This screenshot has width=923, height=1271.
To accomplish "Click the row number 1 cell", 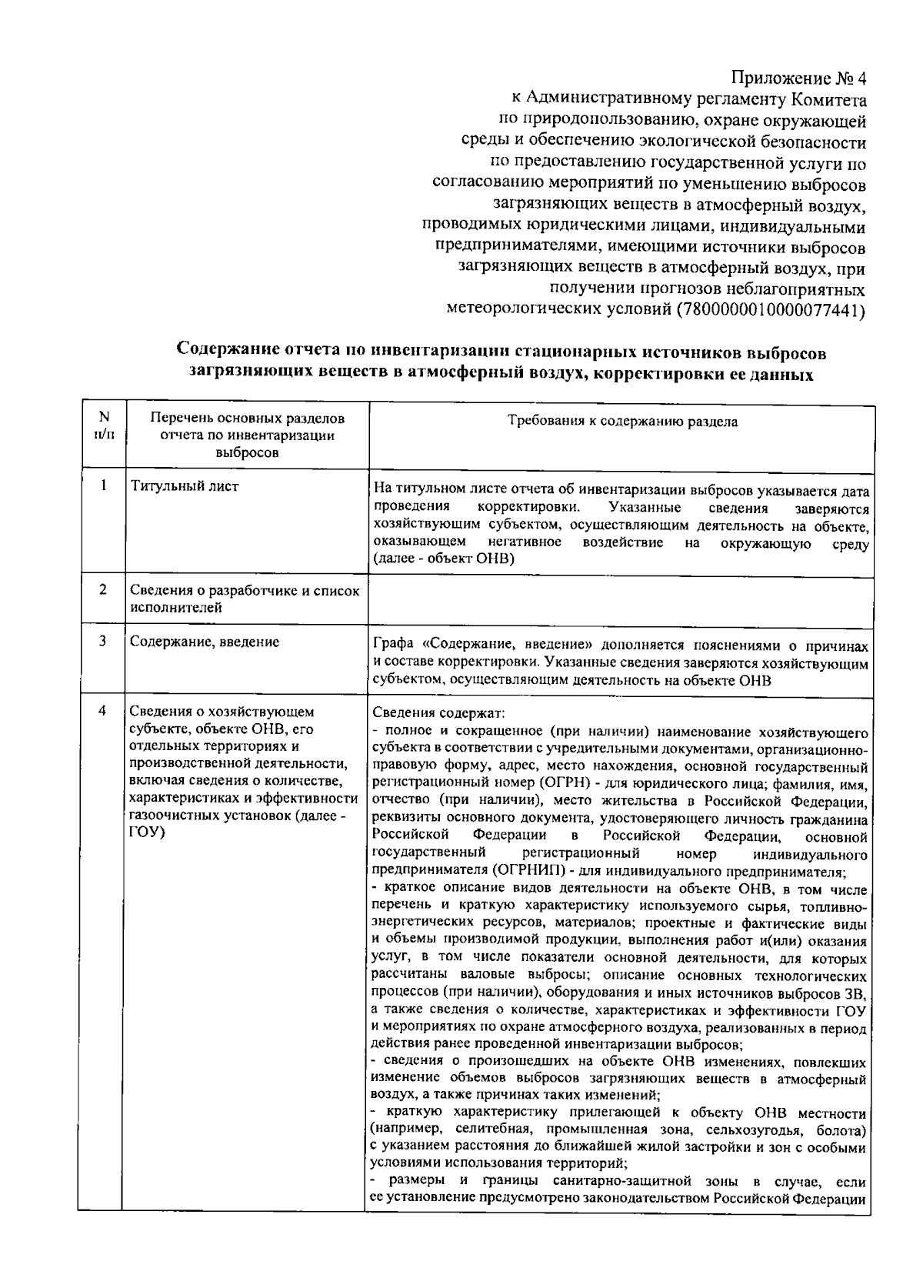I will [x=103, y=486].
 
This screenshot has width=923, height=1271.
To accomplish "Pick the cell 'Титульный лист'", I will [x=185, y=486].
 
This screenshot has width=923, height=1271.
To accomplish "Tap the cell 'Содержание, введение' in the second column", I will [x=205, y=642].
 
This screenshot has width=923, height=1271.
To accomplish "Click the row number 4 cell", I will [x=103, y=711].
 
